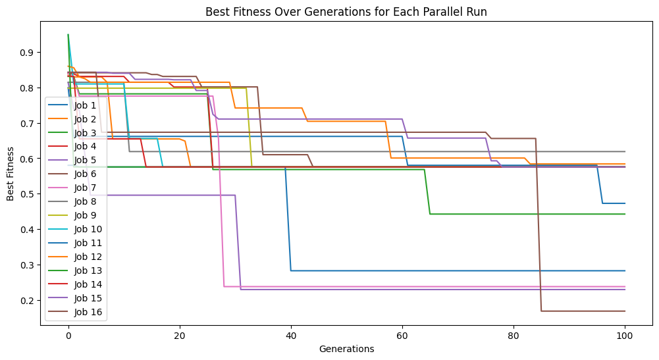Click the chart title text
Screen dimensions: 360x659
click(x=329, y=11)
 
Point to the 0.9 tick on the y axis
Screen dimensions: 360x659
click(x=32, y=53)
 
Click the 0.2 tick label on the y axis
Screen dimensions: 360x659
click(x=32, y=301)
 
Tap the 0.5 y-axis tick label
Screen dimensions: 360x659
click(x=32, y=194)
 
